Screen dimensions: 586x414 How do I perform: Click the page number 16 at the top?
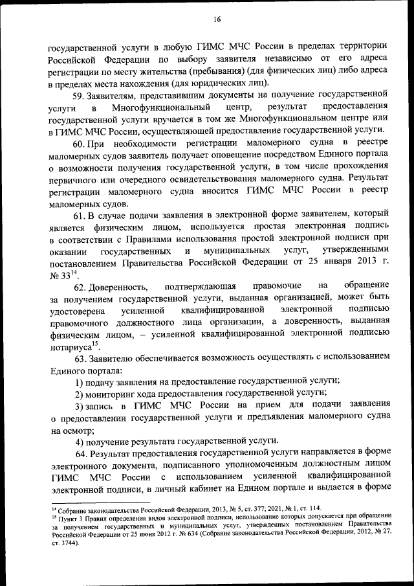(x=217, y=19)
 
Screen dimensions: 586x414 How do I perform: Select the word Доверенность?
(x=120, y=286)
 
